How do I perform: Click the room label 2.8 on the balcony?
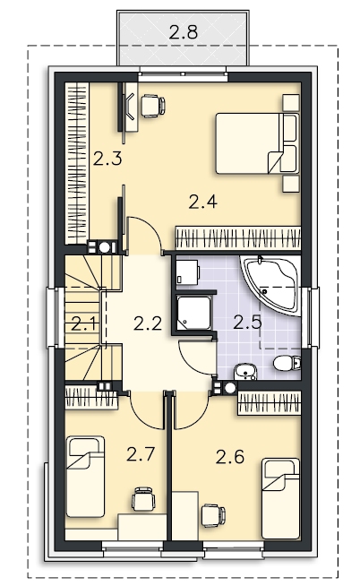183,32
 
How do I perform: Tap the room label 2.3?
107,159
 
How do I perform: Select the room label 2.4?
202,202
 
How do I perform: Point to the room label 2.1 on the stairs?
84,323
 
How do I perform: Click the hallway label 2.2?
148,323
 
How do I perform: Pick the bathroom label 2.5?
247,323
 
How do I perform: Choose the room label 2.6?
230,457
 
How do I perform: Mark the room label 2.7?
140,454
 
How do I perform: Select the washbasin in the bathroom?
244,372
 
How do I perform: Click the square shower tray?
193,314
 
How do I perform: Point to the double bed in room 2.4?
257,144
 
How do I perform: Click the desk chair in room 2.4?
152,106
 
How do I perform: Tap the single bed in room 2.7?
85,476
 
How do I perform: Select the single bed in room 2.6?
280,499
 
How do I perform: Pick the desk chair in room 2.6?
213,516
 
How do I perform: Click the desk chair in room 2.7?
143,499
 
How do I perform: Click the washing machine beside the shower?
187,271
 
